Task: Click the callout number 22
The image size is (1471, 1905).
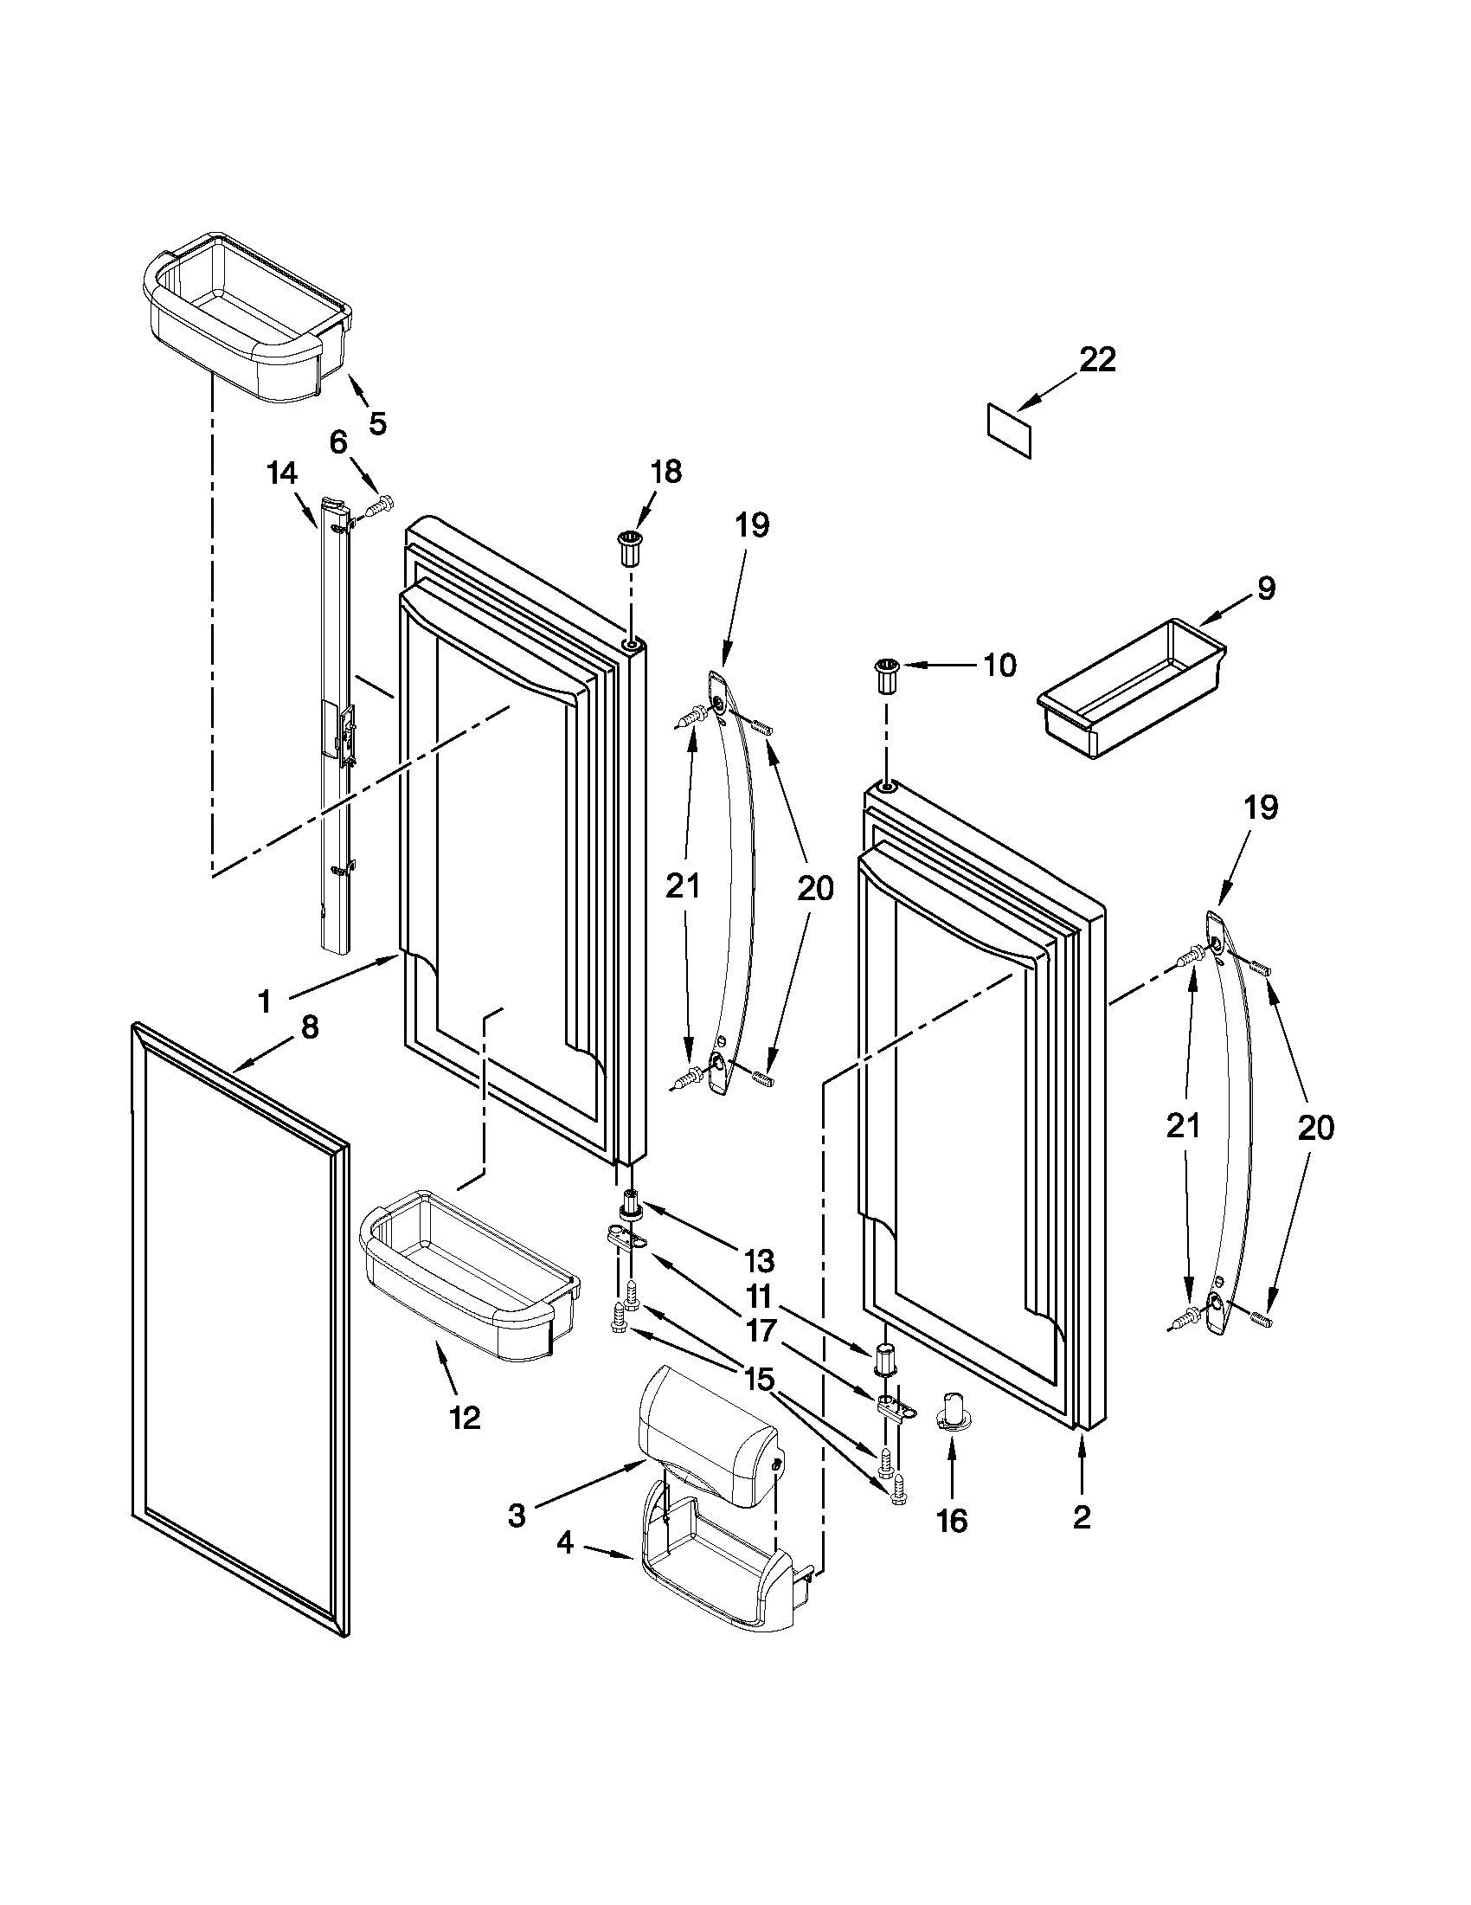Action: pyautogui.click(x=1097, y=360)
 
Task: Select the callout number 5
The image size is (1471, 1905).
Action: pyautogui.click(x=376, y=423)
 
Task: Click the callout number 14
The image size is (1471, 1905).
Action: pyautogui.click(x=281, y=473)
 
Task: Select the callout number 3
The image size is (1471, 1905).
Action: pyautogui.click(x=517, y=1516)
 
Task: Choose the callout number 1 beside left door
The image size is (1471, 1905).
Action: pyautogui.click(x=264, y=1002)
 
